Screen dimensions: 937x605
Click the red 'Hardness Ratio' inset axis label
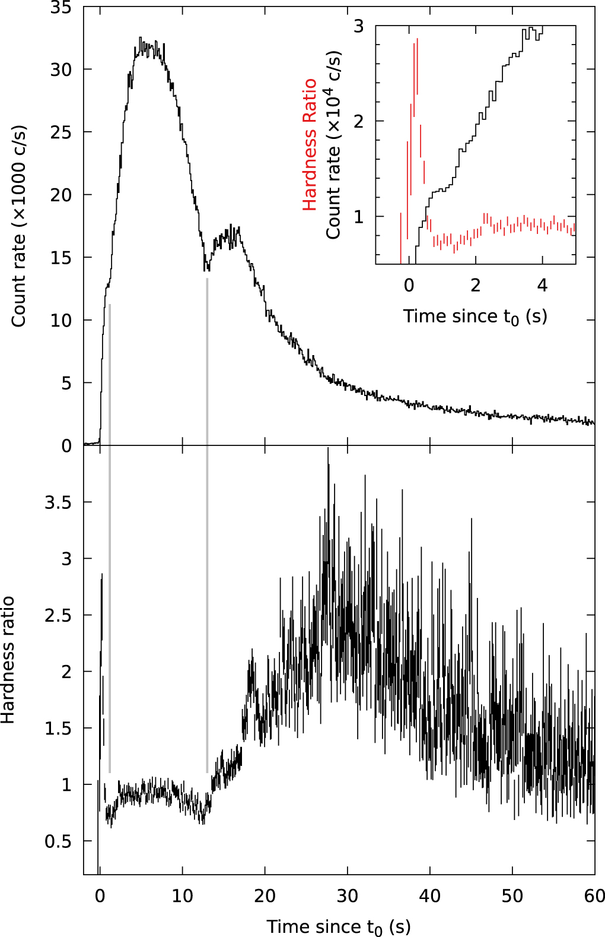click(310, 144)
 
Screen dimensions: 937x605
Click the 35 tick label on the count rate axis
click(60, 8)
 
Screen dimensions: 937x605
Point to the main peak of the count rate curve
click(141, 39)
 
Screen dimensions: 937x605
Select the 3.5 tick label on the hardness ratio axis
click(58, 502)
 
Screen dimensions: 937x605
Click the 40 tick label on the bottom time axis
click(429, 895)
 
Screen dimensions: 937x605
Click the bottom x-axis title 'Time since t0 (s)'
click(338, 926)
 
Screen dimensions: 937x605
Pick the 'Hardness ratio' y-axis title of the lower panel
click(8, 660)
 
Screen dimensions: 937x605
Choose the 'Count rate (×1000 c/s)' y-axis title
click(19, 226)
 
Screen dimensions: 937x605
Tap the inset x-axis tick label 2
click(475, 286)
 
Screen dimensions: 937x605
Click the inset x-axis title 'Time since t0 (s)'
click(475, 316)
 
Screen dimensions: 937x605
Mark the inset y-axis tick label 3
click(358, 26)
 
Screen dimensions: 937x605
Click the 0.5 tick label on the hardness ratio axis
click(58, 841)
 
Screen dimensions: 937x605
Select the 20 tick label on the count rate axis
click(60, 195)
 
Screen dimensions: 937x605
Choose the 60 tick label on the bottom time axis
click(594, 895)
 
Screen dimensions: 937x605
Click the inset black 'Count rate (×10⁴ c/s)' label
click(334, 144)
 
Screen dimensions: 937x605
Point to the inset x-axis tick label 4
click(542, 286)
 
